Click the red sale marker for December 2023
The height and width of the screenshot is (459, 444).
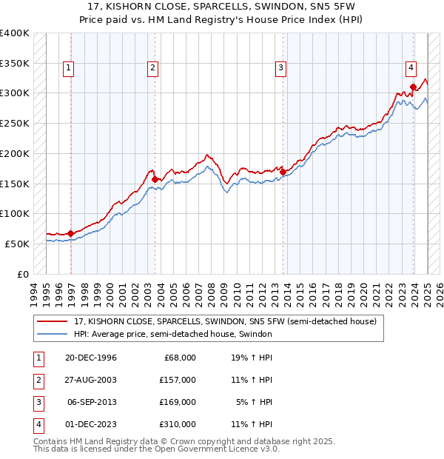(x=413, y=87)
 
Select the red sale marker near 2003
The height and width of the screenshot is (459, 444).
(x=155, y=178)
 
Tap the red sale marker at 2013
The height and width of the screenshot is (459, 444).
(x=283, y=172)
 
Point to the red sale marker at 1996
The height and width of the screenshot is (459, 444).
(x=71, y=233)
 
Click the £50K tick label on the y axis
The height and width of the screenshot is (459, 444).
(x=17, y=244)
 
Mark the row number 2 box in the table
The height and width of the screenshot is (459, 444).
(x=37, y=379)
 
